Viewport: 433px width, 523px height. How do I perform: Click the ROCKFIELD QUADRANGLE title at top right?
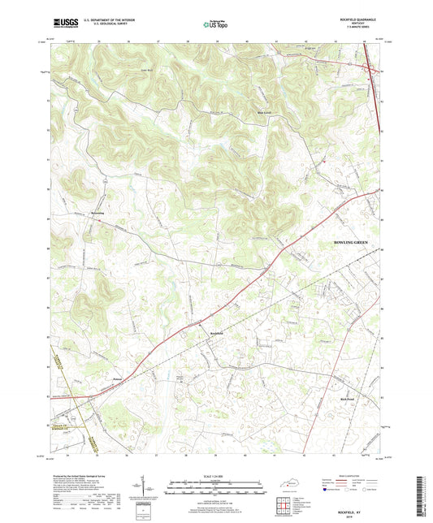[x=357, y=19]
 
